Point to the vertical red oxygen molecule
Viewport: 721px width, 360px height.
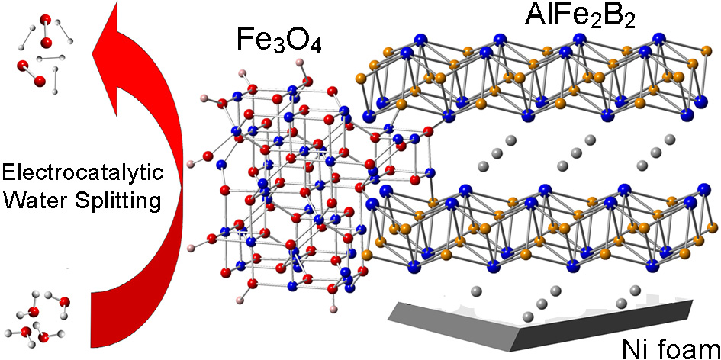point(45,31)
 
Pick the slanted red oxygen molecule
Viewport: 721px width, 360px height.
point(31,72)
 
